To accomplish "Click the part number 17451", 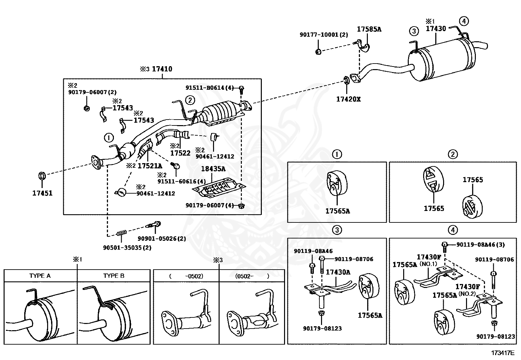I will point(42,193).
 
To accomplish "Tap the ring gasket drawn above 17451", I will point(42,176).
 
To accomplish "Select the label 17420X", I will point(348,99).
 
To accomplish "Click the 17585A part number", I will point(369,29).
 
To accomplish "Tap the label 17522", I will point(180,153).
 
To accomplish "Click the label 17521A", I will point(149,166).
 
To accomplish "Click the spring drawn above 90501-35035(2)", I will point(122,234).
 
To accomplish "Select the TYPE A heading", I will point(40,276).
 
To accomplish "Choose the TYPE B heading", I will point(114,276).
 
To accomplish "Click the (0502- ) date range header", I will point(252,276).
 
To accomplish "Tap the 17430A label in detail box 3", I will point(338,272).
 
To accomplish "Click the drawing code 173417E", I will point(502,353).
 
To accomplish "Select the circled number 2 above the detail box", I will point(453,154).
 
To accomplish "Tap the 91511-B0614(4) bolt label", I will point(209,88).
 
